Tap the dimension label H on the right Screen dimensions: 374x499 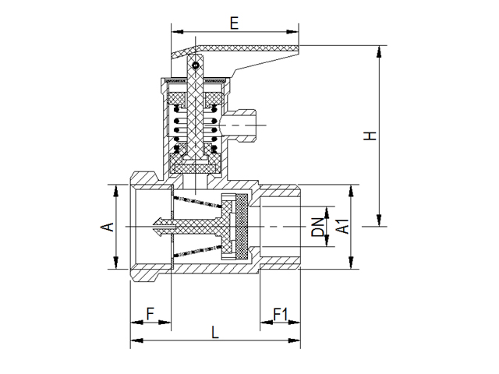point(372,136)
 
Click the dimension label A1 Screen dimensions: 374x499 point(341,228)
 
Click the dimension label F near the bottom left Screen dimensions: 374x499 point(150,316)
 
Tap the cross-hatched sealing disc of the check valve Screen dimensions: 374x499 point(242,227)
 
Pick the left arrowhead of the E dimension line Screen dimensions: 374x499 point(174,32)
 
